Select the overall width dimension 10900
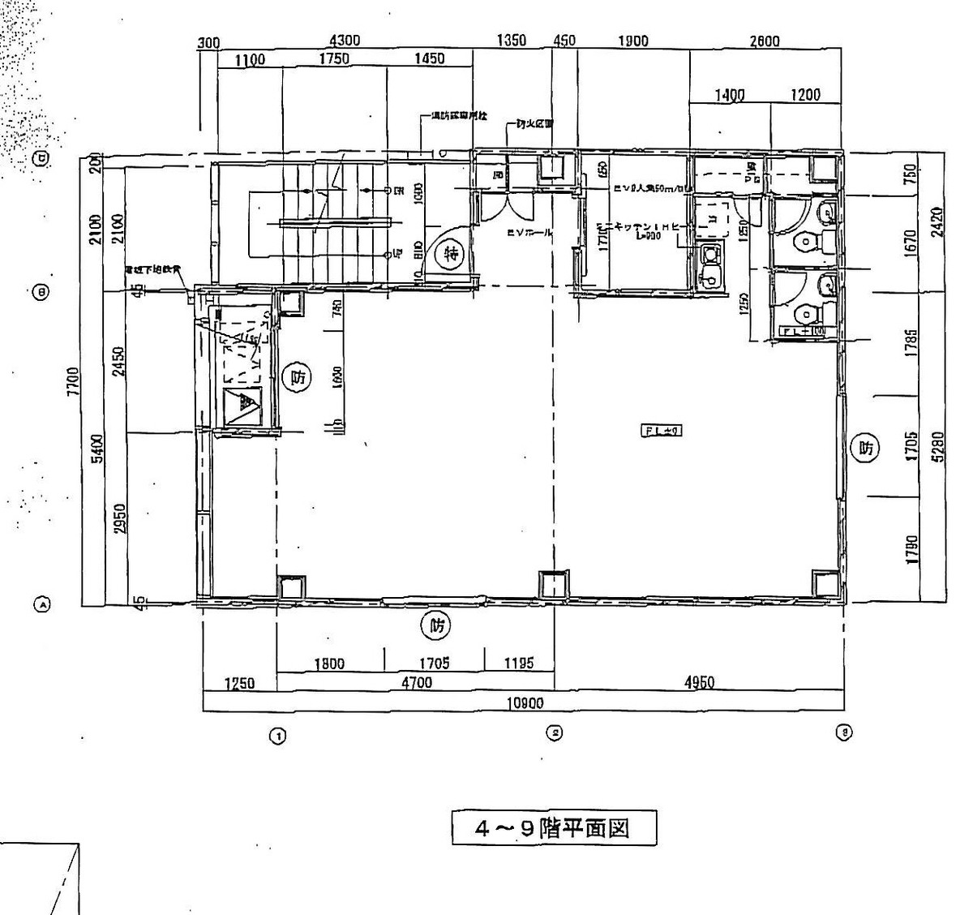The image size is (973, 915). click(525, 703)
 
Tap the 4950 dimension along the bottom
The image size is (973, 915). click(699, 683)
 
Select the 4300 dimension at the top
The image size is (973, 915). click(345, 41)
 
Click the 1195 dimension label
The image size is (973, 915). click(518, 664)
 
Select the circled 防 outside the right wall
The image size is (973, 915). click(865, 447)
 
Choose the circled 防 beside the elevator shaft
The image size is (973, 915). click(298, 377)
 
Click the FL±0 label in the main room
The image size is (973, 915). click(662, 432)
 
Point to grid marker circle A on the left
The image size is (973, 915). click(41, 604)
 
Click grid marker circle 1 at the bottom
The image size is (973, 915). click(277, 737)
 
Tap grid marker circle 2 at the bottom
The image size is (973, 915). click(555, 733)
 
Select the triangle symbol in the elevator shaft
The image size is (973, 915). click(242, 406)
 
